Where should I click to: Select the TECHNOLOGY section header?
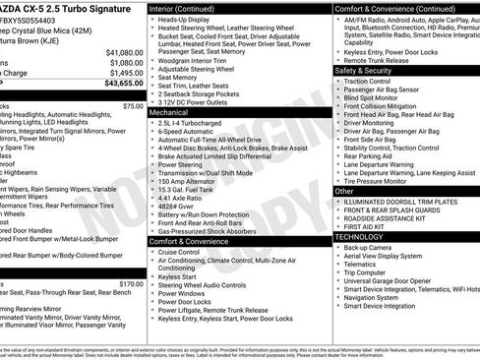point(360,237)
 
